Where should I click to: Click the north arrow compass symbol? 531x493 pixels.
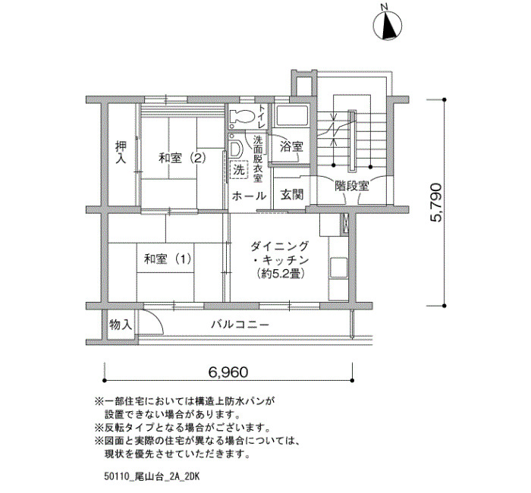click(x=388, y=25)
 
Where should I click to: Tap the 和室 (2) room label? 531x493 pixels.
click(x=183, y=158)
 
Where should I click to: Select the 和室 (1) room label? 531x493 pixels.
click(x=168, y=259)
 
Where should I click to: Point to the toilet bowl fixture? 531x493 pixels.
click(x=242, y=117)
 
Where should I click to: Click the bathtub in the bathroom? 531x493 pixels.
click(x=292, y=116)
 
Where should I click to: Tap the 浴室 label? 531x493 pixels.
click(x=291, y=146)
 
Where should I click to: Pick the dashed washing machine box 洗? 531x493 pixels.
click(x=239, y=170)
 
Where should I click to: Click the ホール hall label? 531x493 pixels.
click(x=249, y=196)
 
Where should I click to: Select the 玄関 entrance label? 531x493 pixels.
click(x=291, y=195)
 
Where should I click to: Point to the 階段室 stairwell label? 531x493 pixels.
click(x=351, y=186)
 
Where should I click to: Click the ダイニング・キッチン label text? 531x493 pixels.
click(x=280, y=253)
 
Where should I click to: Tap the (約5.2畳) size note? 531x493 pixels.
click(x=280, y=273)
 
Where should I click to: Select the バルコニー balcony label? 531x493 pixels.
click(x=240, y=325)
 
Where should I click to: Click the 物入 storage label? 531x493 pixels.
click(x=121, y=325)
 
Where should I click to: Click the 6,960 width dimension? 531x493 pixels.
click(x=228, y=372)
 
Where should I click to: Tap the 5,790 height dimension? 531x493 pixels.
click(x=435, y=203)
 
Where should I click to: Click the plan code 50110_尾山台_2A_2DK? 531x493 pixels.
click(x=152, y=477)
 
